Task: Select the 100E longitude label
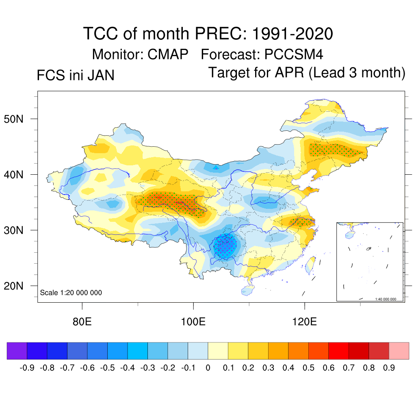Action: coord(193,322)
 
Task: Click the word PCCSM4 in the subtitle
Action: coord(294,54)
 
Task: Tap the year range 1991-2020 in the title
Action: coord(292,33)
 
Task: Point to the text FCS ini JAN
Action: coord(76,76)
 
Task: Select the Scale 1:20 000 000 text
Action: coord(71,292)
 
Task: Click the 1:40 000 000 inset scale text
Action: coord(388,299)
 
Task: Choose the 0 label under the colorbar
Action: coord(208,368)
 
